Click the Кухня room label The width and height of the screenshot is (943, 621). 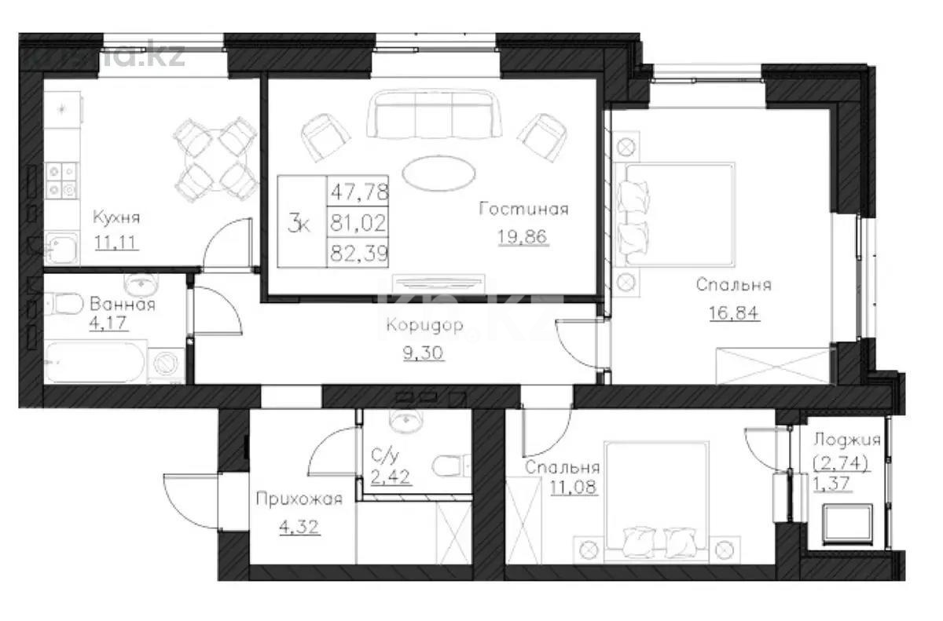click(x=116, y=217)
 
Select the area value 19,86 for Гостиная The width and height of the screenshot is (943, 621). click(x=523, y=236)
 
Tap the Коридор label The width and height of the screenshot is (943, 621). click(x=425, y=324)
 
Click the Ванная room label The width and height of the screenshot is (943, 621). click(x=122, y=304)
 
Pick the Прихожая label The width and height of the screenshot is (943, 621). click(x=299, y=499)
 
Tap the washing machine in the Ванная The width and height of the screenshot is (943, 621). click(x=167, y=364)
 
